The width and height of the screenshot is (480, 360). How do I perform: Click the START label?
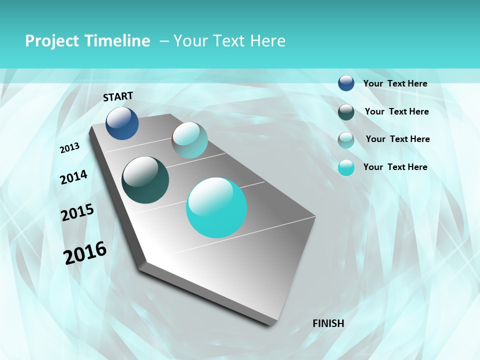(x=118, y=96)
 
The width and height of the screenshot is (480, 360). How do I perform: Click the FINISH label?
(x=328, y=323)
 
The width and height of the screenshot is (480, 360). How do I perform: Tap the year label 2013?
(x=69, y=148)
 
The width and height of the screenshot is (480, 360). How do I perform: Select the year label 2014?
(x=73, y=177)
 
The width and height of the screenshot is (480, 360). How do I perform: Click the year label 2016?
(x=85, y=252)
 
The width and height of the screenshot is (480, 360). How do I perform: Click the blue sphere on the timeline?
(x=122, y=123)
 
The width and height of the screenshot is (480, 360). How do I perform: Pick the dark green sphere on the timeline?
(x=145, y=180)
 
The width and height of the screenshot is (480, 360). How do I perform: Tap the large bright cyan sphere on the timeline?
(x=216, y=207)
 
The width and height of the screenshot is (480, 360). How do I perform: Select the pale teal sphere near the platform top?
(x=190, y=140)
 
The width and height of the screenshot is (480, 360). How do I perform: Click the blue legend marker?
(x=346, y=83)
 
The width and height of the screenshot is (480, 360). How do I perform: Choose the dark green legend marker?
(x=346, y=112)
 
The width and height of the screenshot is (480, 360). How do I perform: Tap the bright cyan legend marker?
(x=346, y=167)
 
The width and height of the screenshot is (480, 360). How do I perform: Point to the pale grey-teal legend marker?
(x=346, y=140)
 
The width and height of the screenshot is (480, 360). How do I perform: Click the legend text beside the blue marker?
(x=395, y=83)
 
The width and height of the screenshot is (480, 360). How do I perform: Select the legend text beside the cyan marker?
(x=395, y=167)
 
